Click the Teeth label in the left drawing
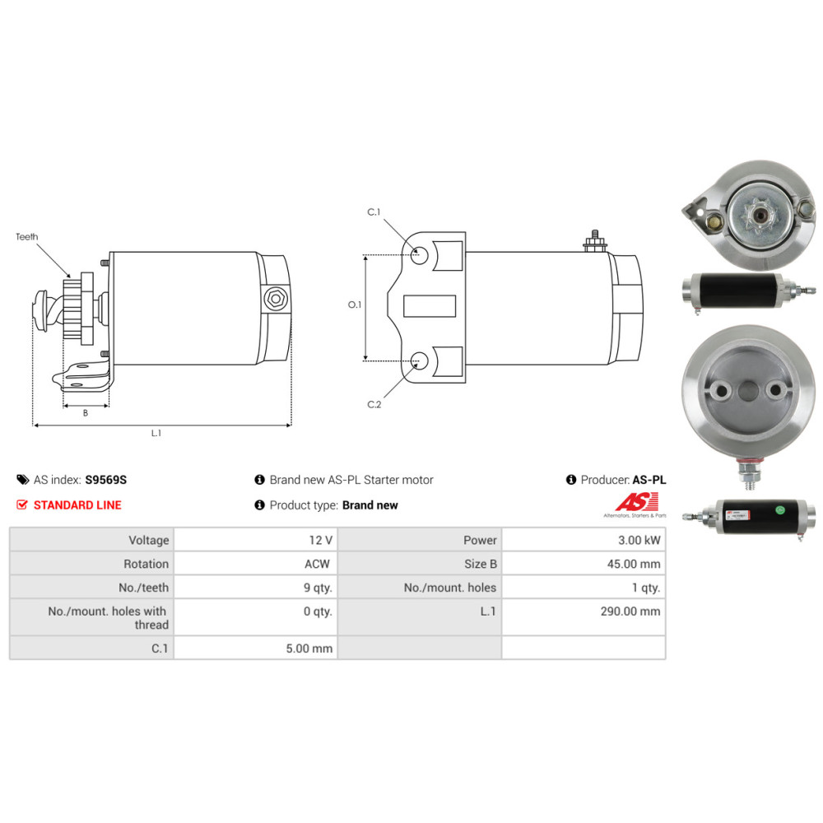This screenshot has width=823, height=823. (27, 237)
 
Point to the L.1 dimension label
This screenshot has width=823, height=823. (156, 433)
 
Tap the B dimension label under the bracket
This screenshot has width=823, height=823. (86, 413)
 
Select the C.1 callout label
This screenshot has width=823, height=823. (374, 212)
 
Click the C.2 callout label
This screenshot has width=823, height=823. (374, 404)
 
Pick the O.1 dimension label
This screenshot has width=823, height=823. (355, 305)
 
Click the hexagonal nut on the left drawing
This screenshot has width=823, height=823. (275, 300)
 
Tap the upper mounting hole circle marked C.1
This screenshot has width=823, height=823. (419, 256)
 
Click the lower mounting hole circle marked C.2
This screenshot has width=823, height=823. (419, 361)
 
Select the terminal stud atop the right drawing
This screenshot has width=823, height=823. (595, 241)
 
